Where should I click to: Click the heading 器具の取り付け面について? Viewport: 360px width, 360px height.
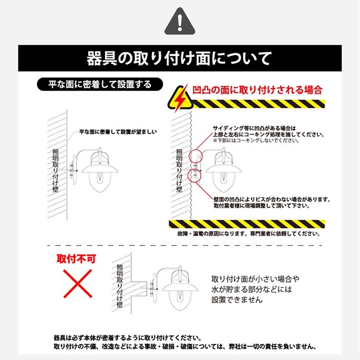180,59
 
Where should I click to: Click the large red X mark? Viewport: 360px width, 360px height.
78,283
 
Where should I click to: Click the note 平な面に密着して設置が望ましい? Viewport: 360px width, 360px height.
118,132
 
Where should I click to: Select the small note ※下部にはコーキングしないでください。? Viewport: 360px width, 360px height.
256,141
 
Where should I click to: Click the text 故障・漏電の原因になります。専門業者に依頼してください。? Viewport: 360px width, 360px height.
248,234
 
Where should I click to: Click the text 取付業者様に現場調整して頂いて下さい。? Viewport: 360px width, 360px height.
261,205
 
